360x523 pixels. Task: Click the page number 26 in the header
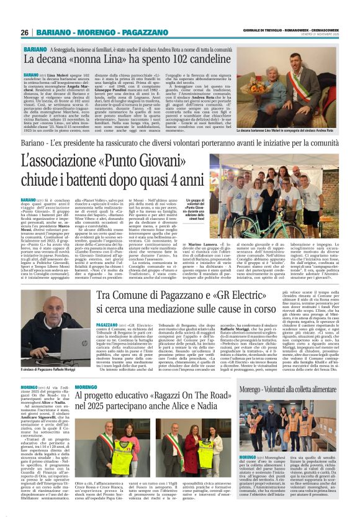(25, 32)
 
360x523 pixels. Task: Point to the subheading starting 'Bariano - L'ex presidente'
(179, 143)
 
